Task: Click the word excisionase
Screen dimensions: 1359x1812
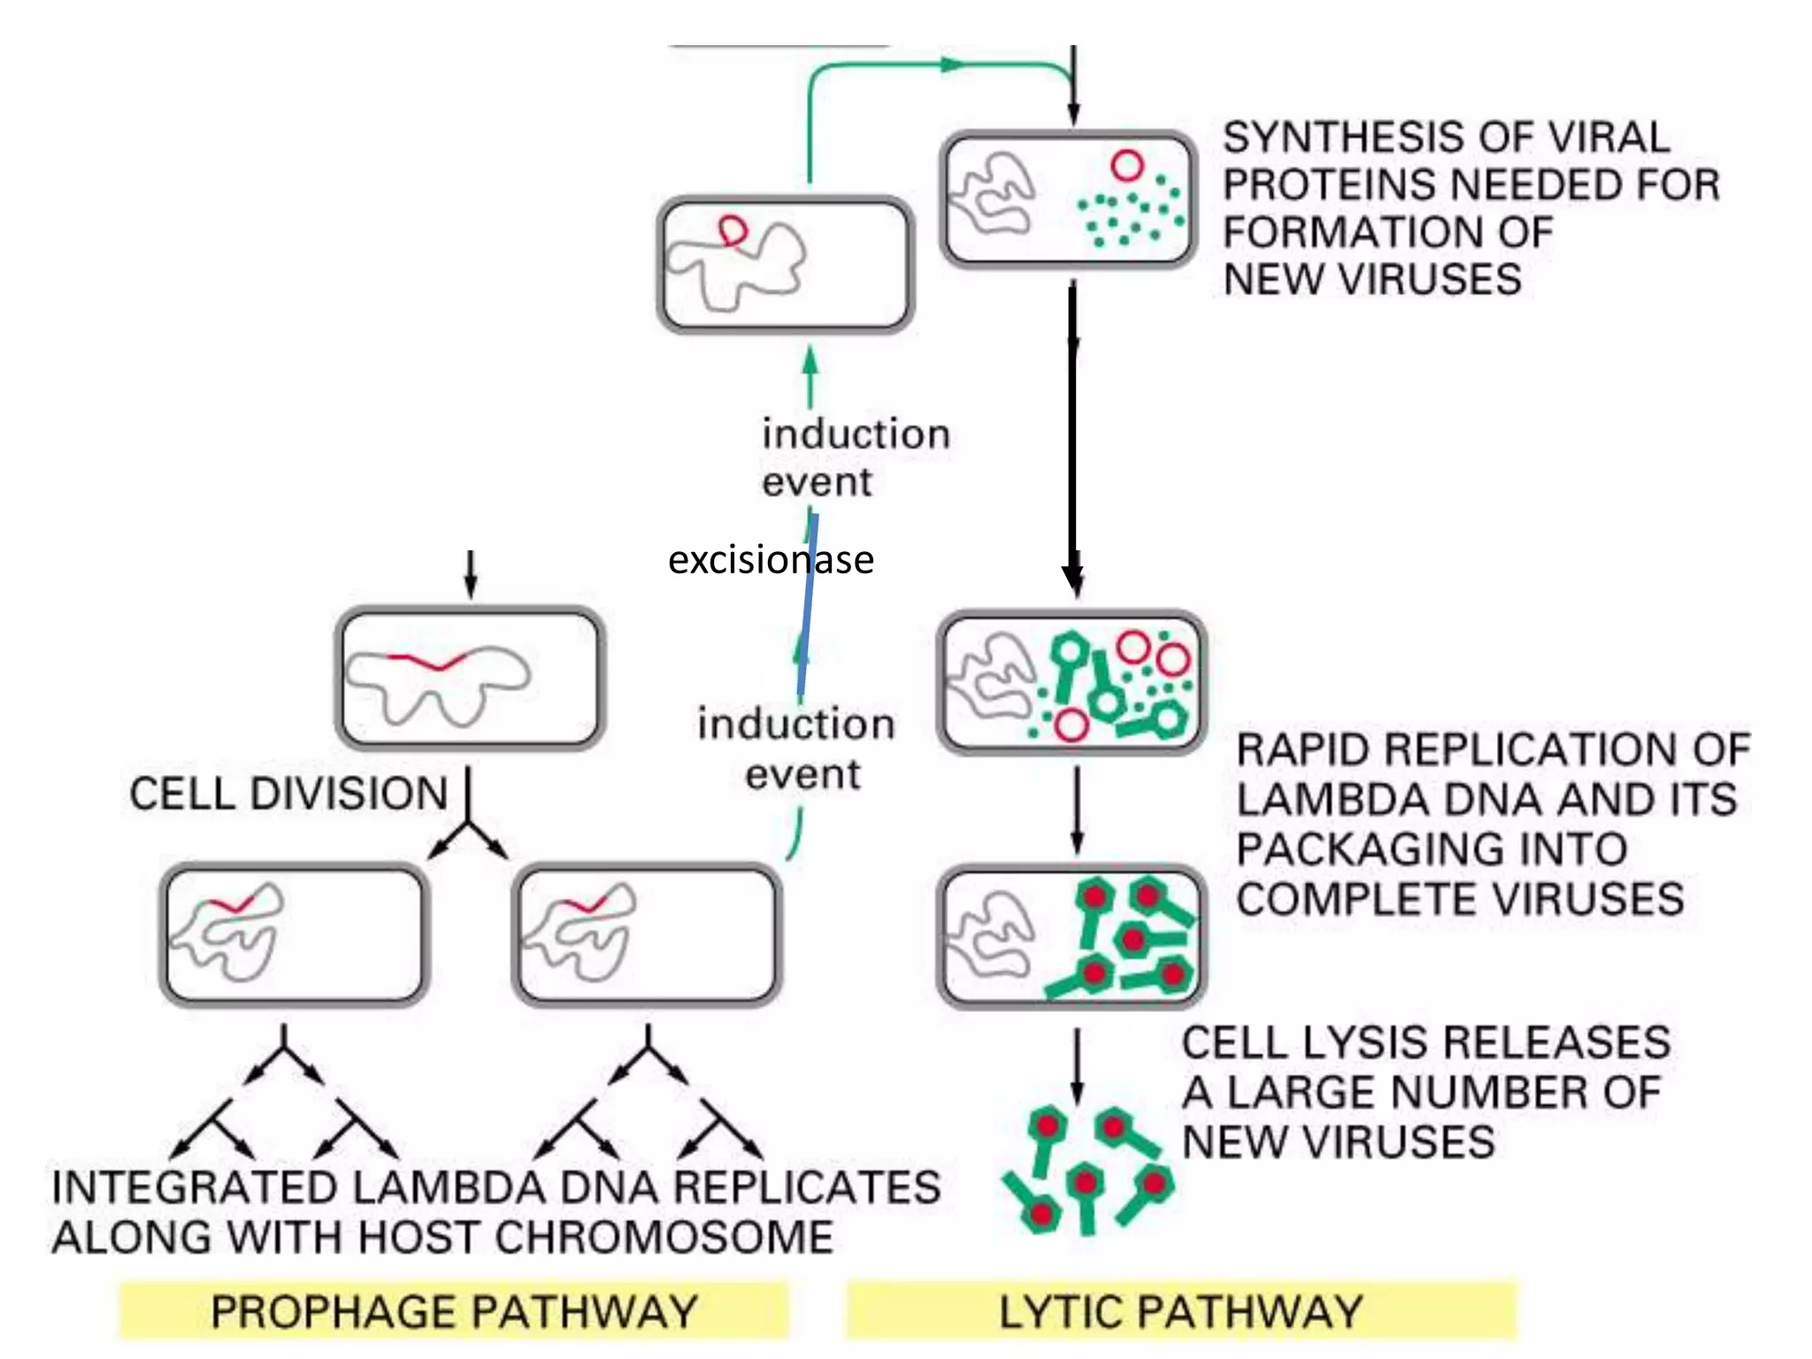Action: coord(770,560)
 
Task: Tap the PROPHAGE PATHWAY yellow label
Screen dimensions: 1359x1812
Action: coord(454,1310)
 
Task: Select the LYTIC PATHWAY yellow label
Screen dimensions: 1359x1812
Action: coord(1181,1310)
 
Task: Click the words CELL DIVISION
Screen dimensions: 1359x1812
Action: coord(288,794)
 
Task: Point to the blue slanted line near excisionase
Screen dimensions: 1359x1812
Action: coord(807,610)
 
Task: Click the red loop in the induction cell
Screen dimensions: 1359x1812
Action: coord(733,231)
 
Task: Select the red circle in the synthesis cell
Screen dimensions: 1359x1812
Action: coord(1127,165)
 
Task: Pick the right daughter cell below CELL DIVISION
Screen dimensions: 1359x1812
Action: coord(647,935)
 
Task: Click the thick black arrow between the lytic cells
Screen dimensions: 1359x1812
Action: coord(1072,434)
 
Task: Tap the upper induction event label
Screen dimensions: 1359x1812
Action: coord(855,457)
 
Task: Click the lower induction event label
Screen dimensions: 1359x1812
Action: coord(796,749)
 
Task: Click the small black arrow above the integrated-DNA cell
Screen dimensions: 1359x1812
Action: coord(471,574)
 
